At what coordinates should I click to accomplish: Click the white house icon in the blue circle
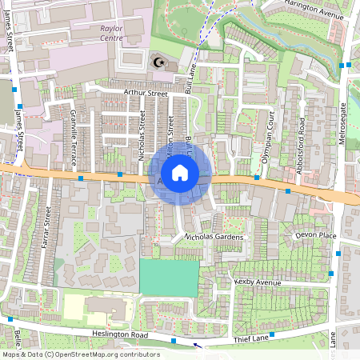(x=180, y=172)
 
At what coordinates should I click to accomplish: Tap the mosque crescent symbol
(x=158, y=62)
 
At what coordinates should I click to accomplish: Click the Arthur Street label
(x=145, y=94)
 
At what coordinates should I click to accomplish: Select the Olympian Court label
(x=272, y=131)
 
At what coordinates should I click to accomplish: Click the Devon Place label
(x=316, y=235)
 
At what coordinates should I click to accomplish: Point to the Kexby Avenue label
(x=258, y=282)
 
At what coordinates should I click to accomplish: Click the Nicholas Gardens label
(x=214, y=237)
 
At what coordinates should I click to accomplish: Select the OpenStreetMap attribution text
(x=81, y=354)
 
